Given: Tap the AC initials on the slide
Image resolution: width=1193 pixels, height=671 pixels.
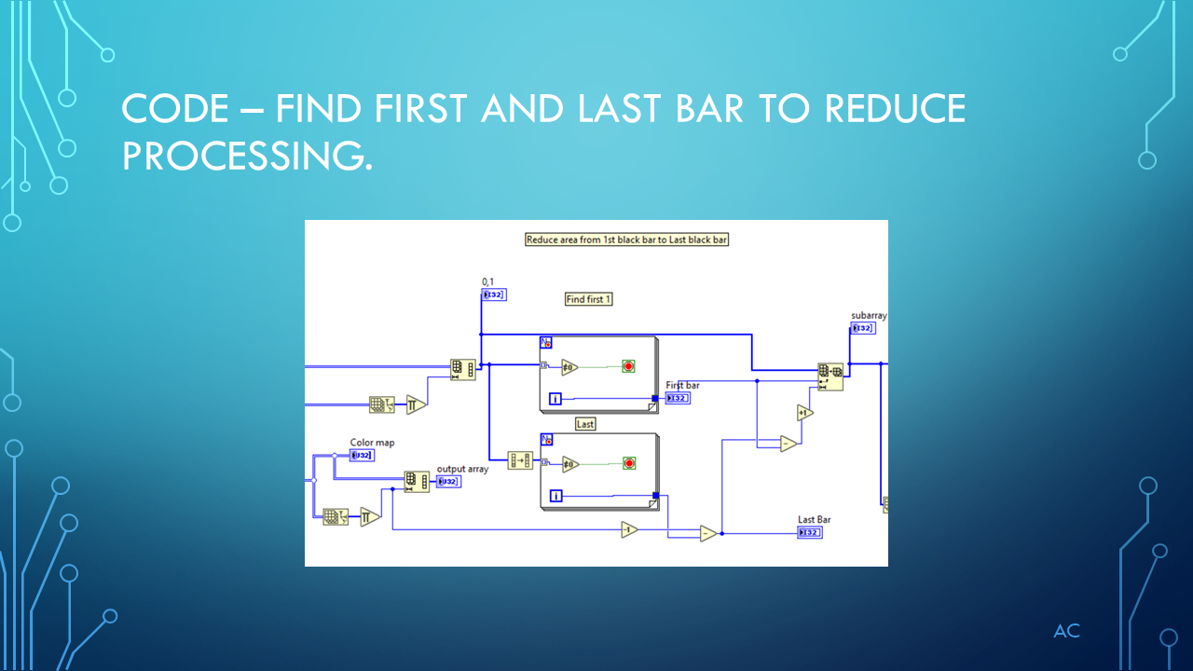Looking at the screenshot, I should click(x=1066, y=632).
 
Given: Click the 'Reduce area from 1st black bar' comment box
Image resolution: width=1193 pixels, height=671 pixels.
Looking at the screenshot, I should click(x=627, y=240).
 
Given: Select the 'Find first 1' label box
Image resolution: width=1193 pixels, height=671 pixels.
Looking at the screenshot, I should click(x=589, y=299).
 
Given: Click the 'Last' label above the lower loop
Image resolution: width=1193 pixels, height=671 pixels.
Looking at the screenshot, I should click(x=585, y=424).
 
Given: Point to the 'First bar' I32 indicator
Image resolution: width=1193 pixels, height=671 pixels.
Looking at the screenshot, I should click(x=678, y=398).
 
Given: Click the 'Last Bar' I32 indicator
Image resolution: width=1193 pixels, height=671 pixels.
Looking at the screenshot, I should click(x=810, y=532).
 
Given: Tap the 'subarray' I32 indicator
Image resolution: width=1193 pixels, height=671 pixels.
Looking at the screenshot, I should click(x=863, y=328).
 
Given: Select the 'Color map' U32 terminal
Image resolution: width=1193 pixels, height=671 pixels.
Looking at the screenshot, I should click(x=362, y=455).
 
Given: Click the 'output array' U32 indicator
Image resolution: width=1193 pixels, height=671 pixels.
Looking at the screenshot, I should click(x=448, y=482).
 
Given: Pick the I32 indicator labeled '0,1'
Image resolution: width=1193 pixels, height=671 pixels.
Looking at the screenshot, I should click(x=494, y=294).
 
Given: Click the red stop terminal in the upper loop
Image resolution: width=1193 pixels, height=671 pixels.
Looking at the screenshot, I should click(x=628, y=366).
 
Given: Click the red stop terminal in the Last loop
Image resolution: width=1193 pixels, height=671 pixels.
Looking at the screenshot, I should click(x=628, y=463).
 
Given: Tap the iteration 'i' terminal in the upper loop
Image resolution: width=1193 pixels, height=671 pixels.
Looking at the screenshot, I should click(x=556, y=399).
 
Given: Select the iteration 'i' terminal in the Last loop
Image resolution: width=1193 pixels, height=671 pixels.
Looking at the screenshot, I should click(x=556, y=496).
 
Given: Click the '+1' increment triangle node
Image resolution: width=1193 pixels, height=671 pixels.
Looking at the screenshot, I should click(x=804, y=412).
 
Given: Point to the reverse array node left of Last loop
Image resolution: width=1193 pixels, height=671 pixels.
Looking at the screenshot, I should click(x=519, y=460).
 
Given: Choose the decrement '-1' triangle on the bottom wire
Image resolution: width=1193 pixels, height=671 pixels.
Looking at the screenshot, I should click(x=630, y=530).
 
